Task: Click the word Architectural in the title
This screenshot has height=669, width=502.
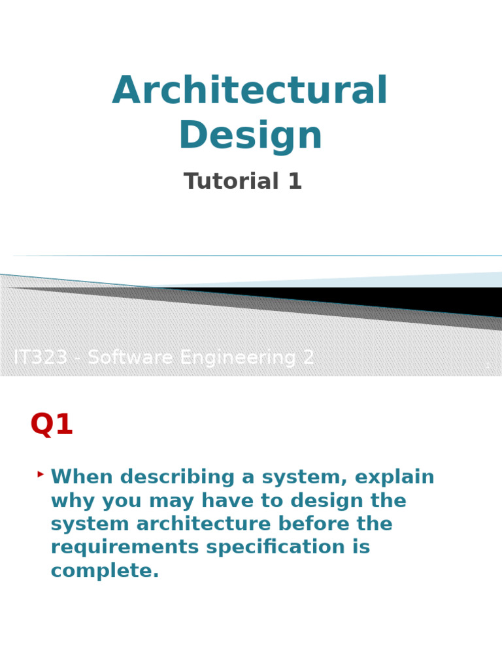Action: [250, 91]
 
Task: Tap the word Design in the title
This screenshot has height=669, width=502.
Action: [250, 136]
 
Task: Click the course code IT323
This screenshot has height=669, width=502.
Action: [41, 357]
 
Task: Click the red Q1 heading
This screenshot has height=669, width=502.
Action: [52, 425]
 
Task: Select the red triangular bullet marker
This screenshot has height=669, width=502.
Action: [41, 474]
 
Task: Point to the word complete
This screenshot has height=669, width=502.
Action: [105, 571]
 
